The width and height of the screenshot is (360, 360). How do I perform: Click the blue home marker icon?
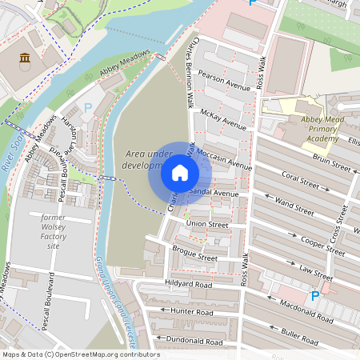pyautogui.click(x=180, y=173)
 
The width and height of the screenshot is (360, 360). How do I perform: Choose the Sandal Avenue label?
pyautogui.click(x=214, y=194)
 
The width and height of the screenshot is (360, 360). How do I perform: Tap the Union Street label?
pyautogui.click(x=207, y=224)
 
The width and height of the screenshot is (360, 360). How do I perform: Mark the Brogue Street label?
pyautogui.click(x=194, y=254)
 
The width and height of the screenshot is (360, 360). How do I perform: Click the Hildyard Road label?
pyautogui.click(x=189, y=284)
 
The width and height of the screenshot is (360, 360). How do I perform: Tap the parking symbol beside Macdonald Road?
pyautogui.click(x=314, y=296)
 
